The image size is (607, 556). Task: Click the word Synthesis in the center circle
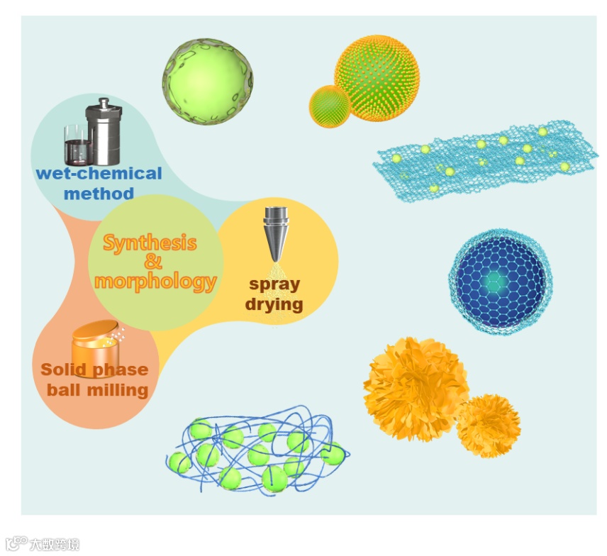(150, 243)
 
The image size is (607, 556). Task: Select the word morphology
(155, 281)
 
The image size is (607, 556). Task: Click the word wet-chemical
(99, 174)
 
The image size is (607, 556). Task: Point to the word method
(99, 193)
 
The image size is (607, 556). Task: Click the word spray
(274, 284)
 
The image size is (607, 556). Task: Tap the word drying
(274, 304)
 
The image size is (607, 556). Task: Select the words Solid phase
(94, 369)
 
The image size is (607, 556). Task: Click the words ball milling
(97, 389)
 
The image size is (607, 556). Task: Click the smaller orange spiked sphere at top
(330, 106)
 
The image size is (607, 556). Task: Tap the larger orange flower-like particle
(416, 388)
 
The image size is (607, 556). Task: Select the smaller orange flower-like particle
(488, 426)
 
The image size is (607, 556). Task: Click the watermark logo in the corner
(42, 544)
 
